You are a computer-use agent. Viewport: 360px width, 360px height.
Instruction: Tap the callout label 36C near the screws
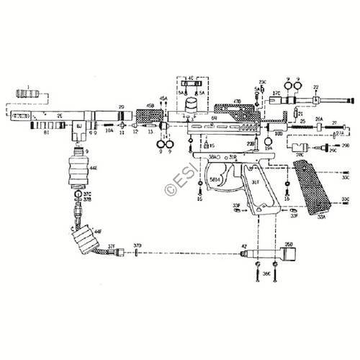click(266, 274)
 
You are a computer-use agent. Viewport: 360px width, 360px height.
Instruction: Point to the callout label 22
click(315, 88)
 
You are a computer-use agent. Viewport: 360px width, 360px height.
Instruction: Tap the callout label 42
click(244, 246)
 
